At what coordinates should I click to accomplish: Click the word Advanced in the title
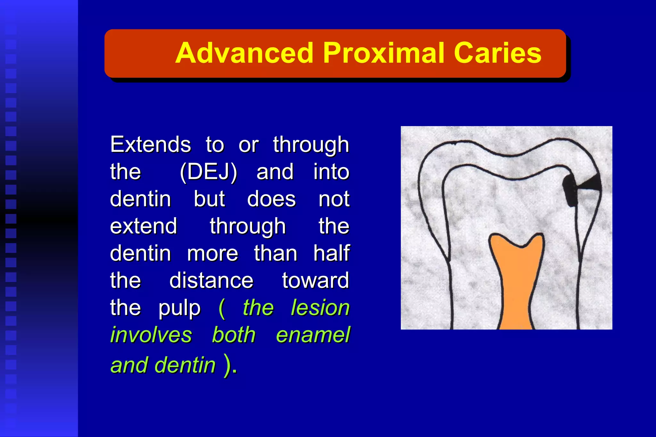(x=244, y=53)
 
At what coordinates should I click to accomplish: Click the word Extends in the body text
(x=151, y=144)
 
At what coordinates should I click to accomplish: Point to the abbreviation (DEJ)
(x=208, y=172)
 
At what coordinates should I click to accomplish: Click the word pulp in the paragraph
(x=179, y=308)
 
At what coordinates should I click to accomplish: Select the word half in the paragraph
(x=331, y=253)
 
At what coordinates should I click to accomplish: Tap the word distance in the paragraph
(x=211, y=281)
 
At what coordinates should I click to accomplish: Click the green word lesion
(x=320, y=308)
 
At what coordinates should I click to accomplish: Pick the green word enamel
(x=313, y=335)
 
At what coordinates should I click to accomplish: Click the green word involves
(x=151, y=335)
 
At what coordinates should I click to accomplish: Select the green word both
(x=234, y=335)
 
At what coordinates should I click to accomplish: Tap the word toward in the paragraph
(x=315, y=281)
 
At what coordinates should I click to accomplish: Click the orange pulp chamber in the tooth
(x=516, y=282)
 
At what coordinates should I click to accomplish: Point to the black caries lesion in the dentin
(x=570, y=190)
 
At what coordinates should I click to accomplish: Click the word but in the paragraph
(x=209, y=199)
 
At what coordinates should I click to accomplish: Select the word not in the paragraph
(x=334, y=199)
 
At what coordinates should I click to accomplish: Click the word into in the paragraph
(x=331, y=172)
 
